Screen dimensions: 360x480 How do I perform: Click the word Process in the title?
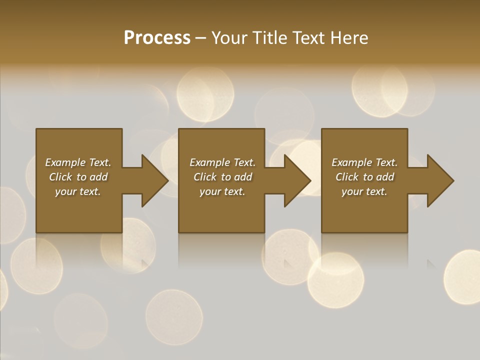[157, 38]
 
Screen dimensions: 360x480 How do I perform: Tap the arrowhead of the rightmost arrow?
[440, 180]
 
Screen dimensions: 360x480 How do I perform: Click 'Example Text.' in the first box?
[78, 162]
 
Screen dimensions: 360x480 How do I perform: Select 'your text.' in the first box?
[78, 191]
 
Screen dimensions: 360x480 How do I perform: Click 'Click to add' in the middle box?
[222, 177]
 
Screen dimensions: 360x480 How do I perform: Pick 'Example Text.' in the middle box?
[222, 162]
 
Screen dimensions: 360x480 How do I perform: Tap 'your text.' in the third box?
[364, 191]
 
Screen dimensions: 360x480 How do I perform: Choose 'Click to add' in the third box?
[364, 177]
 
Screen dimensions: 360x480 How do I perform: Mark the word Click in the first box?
[60, 177]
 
